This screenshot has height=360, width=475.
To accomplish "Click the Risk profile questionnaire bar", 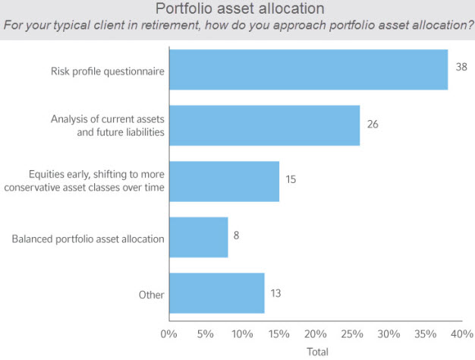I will pyautogui.click(x=308, y=70).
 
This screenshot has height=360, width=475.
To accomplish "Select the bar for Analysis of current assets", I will pyautogui.click(x=264, y=125).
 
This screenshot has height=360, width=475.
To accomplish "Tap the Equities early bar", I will pyautogui.click(x=224, y=181).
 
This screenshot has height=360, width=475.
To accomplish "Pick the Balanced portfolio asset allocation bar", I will pyautogui.click(x=198, y=238).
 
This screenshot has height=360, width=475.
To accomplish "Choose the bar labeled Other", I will pyautogui.click(x=216, y=293).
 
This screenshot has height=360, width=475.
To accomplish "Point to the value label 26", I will pyautogui.click(x=373, y=122).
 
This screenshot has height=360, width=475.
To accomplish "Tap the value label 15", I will pyautogui.click(x=291, y=179).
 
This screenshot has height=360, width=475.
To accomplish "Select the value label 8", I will pyautogui.click(x=237, y=235).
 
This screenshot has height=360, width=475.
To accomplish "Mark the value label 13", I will pyautogui.click(x=277, y=291).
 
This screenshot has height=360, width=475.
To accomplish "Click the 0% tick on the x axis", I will pyautogui.click(x=169, y=333).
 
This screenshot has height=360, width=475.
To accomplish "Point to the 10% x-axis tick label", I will pyautogui.click(x=242, y=333).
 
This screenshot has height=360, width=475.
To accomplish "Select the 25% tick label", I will pyautogui.click(x=352, y=333).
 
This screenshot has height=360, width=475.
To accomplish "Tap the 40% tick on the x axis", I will pyautogui.click(x=461, y=333).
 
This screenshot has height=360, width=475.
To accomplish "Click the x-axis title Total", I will pyautogui.click(x=316, y=352).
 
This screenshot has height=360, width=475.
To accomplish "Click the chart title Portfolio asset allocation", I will pyautogui.click(x=239, y=9).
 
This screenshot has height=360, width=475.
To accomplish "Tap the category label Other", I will pyautogui.click(x=151, y=295).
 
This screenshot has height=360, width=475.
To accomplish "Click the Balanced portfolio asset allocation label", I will pyautogui.click(x=88, y=239).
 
